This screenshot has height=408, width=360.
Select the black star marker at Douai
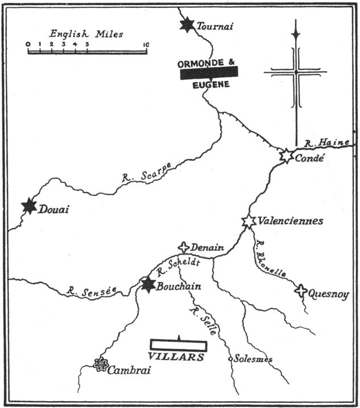click(x=29, y=206)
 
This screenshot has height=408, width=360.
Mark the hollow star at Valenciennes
click(x=248, y=221)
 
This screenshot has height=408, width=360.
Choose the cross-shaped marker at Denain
click(x=183, y=247)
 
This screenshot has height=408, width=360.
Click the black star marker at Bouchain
click(x=148, y=284)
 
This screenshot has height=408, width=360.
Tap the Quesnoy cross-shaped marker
click(x=301, y=290)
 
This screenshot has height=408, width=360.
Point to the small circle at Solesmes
click(x=230, y=359)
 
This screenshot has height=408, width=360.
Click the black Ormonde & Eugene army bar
click(x=209, y=72)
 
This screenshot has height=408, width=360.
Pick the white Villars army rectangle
click(x=179, y=345)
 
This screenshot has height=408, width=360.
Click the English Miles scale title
click(x=85, y=34)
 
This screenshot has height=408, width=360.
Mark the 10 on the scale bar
click(x=146, y=44)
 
